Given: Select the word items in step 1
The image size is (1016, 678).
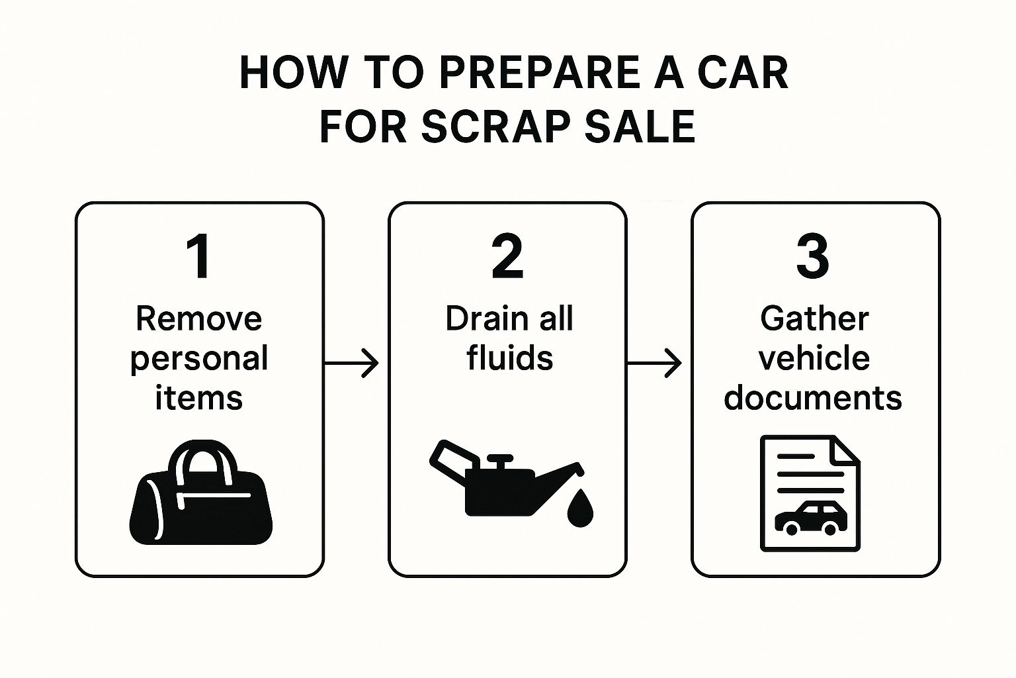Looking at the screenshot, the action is click(x=198, y=398).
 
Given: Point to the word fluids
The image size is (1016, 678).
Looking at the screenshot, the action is click(x=510, y=358).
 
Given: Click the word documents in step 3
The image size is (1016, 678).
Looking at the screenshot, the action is click(x=813, y=398).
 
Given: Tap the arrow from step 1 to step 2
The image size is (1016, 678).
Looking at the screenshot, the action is click(x=351, y=363).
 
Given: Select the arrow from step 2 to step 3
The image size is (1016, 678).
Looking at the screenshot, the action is click(x=654, y=363).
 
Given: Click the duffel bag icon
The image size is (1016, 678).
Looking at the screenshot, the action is click(x=201, y=492).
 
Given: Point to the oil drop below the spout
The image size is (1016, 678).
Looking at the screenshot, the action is click(x=580, y=508).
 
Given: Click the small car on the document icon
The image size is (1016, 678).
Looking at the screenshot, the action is click(x=810, y=517).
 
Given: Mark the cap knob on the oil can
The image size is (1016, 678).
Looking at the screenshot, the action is click(x=500, y=463).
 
